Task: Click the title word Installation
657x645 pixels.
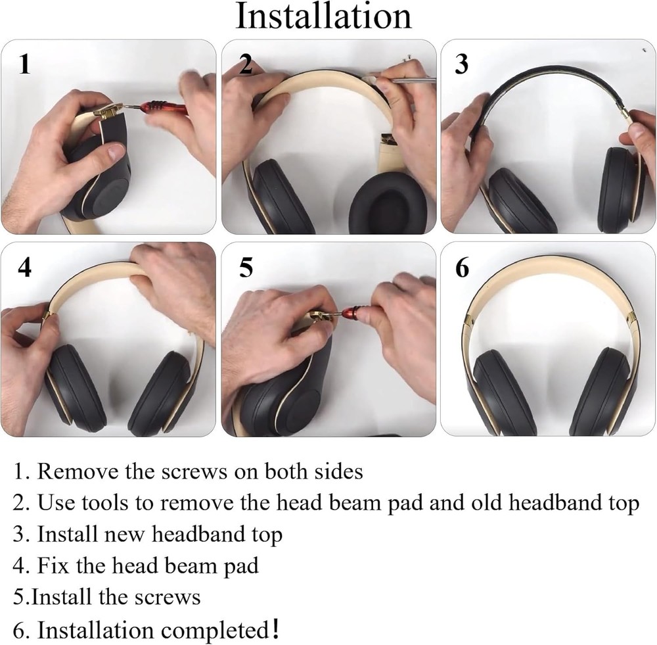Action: pyautogui.click(x=323, y=16)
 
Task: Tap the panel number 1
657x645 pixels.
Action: pyautogui.click(x=24, y=64)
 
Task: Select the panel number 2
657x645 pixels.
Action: pyautogui.click(x=245, y=64)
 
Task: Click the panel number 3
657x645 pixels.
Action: pyautogui.click(x=462, y=64)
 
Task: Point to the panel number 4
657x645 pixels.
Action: pyautogui.click(x=24, y=268)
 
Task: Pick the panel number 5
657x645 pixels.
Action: pyautogui.click(x=245, y=268)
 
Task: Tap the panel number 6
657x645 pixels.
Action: pyautogui.click(x=462, y=268)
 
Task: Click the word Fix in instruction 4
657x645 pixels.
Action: pyautogui.click(x=53, y=565)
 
